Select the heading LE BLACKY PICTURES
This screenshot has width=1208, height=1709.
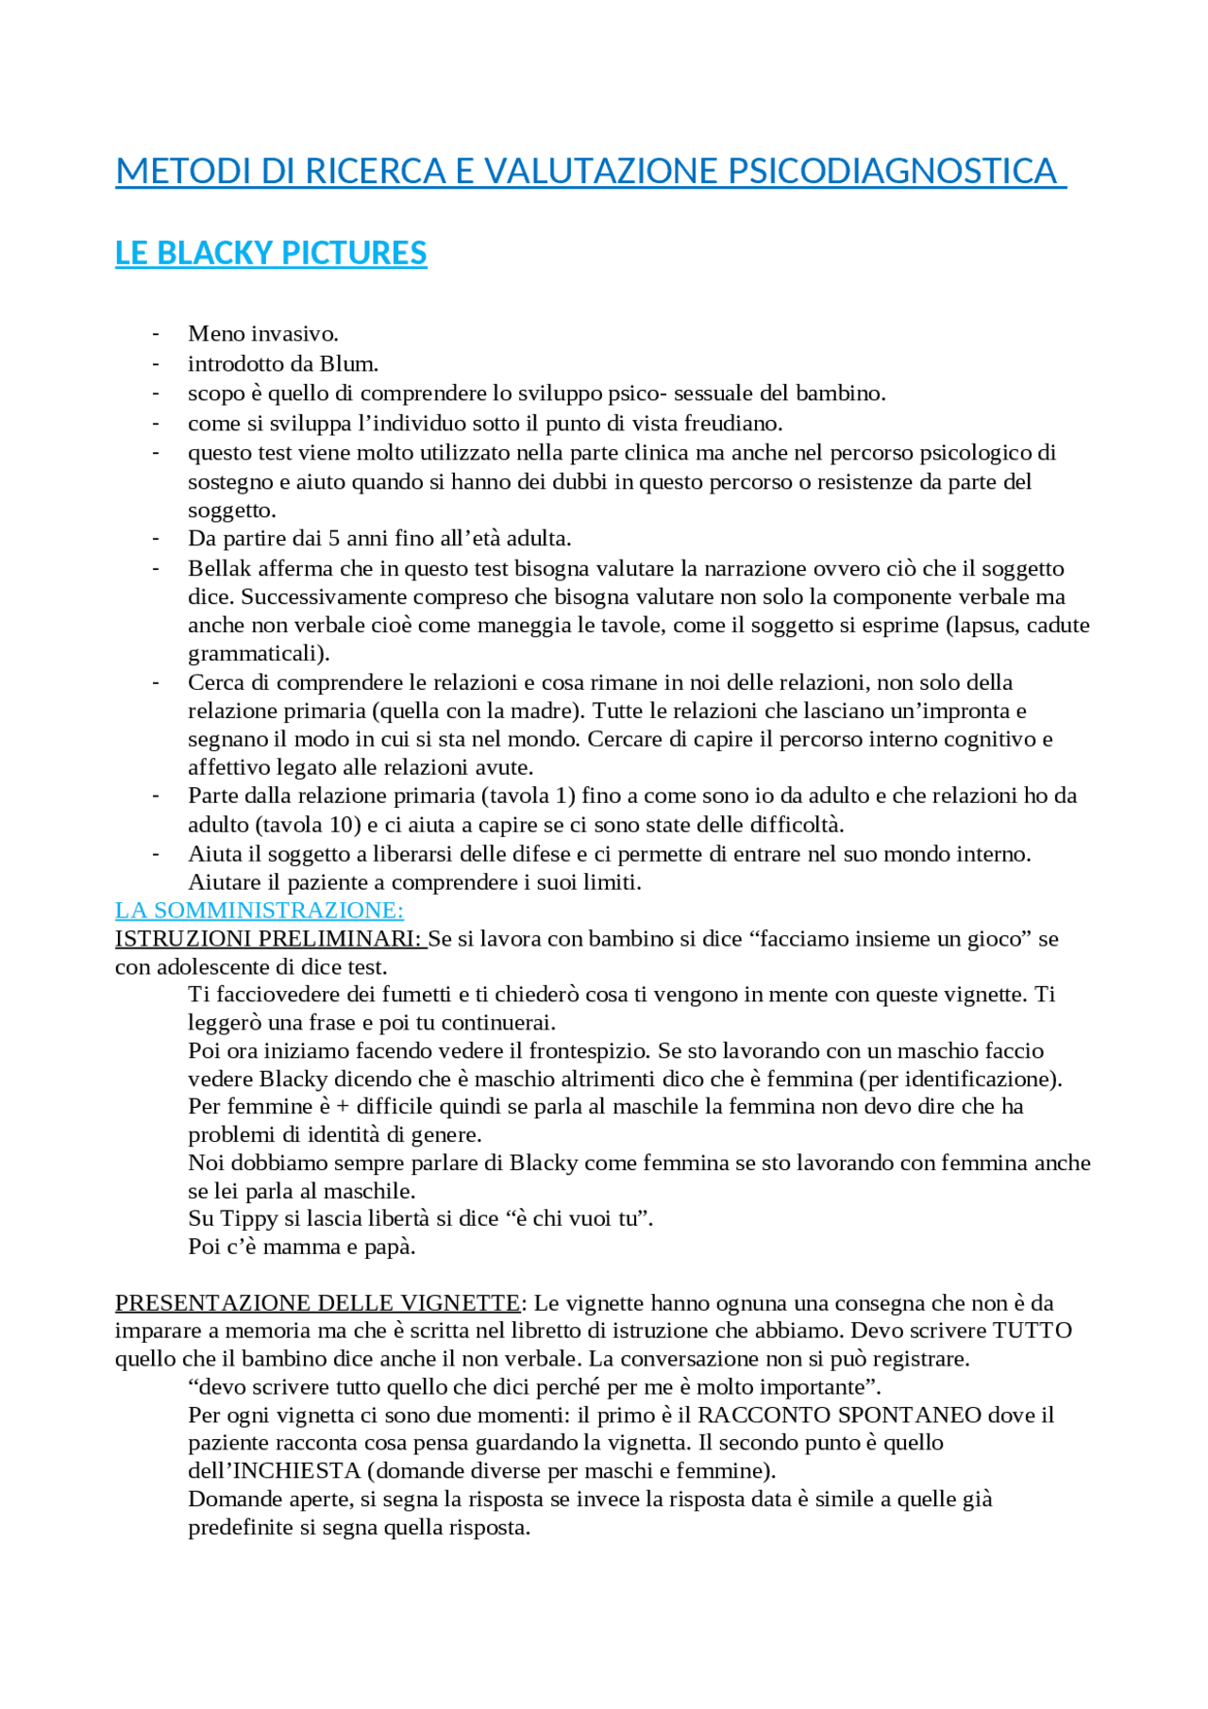[x=271, y=253]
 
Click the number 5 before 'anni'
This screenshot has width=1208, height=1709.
[x=333, y=538]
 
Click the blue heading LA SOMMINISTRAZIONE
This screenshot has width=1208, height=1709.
[x=259, y=910]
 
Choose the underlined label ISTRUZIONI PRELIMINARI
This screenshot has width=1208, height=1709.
[x=269, y=938]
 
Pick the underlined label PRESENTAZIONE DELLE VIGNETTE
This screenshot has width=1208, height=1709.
[x=317, y=1303]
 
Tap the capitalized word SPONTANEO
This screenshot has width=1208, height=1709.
[x=898, y=1415]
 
